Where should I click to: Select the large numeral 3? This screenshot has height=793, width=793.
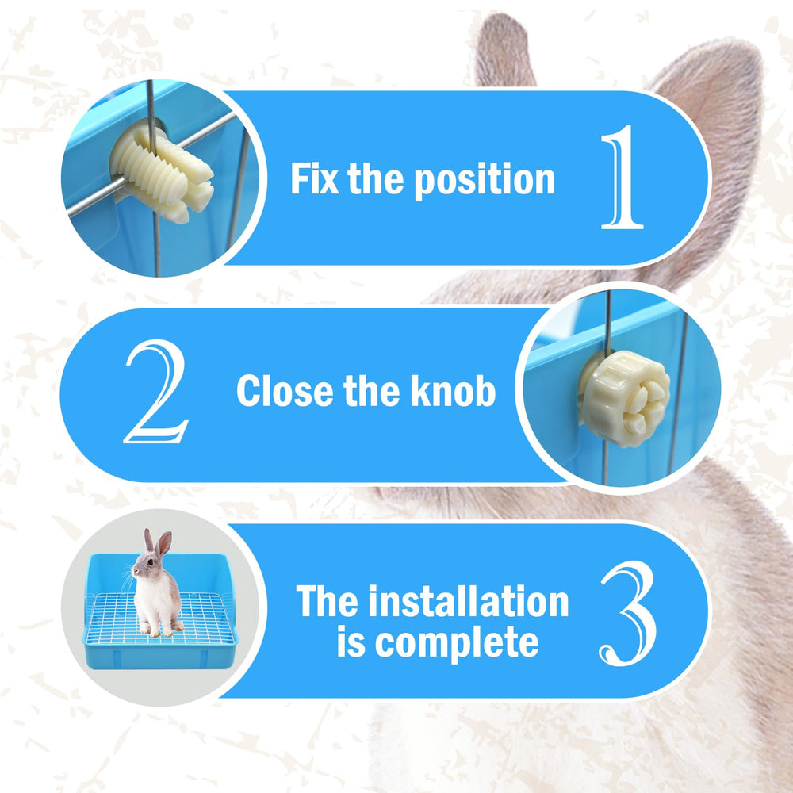[629, 613]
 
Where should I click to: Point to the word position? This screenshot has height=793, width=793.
[485, 181]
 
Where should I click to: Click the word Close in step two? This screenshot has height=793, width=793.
[285, 391]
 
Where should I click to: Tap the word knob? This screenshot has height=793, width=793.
[453, 390]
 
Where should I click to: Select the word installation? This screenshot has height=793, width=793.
[469, 601]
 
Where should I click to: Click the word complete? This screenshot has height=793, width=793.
[456, 644]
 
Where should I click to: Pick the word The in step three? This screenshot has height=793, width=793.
[328, 601]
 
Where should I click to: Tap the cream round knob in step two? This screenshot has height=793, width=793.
[625, 399]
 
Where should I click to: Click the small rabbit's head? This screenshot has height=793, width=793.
[147, 566]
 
